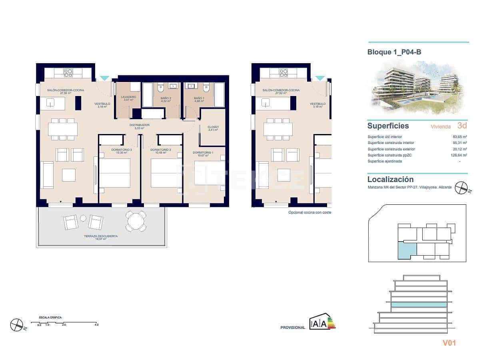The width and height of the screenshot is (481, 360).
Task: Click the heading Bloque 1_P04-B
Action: point(394,52)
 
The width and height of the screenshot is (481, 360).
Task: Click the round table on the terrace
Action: point(136,221)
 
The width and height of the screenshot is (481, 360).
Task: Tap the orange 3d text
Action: point(462,126)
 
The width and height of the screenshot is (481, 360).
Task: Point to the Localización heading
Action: point(390,180)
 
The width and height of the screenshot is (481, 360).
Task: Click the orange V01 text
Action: point(449,342)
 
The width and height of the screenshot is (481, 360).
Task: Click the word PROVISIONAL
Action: point(292,328)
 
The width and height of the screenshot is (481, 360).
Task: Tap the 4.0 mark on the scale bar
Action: point(96,325)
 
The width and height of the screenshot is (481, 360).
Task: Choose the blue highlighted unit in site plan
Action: point(407,251)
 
